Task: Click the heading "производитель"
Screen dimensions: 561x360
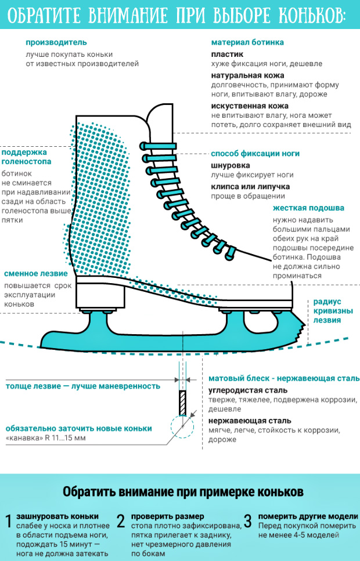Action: pos(56,42)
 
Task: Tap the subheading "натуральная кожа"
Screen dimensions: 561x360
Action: pos(247,75)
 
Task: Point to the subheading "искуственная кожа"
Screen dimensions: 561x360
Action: pos(250,106)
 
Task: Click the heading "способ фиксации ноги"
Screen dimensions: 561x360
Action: pos(255,154)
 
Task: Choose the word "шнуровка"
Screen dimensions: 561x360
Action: pos(231,165)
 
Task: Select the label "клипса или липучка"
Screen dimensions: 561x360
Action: pos(250,186)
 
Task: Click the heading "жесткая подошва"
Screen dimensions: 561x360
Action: pos(308,207)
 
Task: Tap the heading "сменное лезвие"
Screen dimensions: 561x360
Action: pos(36,274)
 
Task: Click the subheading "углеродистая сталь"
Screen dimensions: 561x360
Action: pos(246,390)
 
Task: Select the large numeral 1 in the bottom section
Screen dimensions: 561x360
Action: pos(8,522)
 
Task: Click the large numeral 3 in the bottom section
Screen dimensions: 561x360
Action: pos(247,521)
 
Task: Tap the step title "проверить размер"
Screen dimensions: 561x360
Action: pos(167,516)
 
